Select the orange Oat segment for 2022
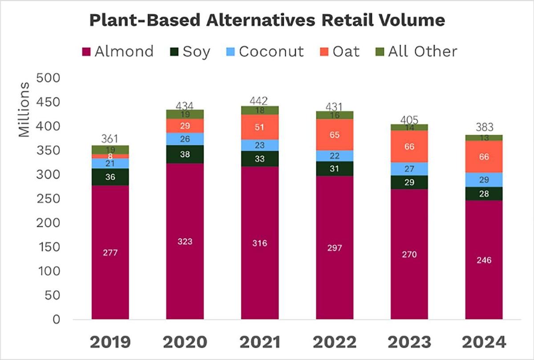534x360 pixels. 335,134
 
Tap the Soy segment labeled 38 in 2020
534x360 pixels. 185,154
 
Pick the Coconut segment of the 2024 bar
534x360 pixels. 484,179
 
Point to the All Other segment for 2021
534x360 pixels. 260,110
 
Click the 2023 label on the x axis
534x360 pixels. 409,343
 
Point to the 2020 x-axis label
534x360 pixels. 185,343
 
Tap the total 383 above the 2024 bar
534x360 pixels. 484,127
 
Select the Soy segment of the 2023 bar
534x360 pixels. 409,182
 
